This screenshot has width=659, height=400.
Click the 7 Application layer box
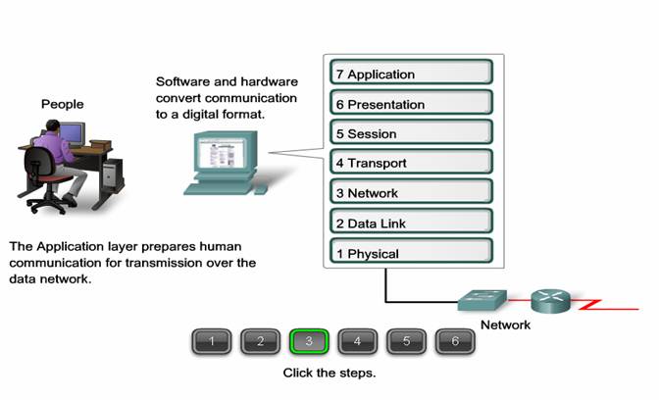point(411,72)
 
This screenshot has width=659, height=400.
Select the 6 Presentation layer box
point(411,102)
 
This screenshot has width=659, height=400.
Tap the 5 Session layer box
point(411,131)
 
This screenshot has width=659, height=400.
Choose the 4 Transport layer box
point(411,162)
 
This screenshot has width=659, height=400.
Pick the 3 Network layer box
point(411,191)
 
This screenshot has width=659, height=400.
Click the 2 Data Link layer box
point(411,221)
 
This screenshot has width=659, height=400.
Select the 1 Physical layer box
point(411,251)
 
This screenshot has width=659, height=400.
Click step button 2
point(260,341)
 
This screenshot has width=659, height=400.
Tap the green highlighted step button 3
point(309,341)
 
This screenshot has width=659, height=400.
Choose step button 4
point(358,341)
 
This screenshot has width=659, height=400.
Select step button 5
point(406,341)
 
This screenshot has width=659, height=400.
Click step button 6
point(455,341)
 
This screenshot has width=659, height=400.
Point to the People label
point(62,104)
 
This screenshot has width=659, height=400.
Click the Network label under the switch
point(505,325)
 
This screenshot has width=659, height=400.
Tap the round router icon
point(550,301)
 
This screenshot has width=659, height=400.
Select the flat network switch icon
point(482,300)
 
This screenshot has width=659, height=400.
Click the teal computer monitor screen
point(222,153)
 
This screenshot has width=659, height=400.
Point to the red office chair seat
point(56,179)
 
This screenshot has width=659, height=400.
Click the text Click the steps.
point(329,373)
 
